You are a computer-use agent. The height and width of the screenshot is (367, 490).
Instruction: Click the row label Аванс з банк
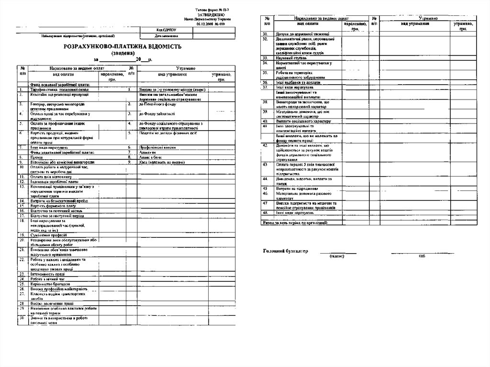click(150, 157)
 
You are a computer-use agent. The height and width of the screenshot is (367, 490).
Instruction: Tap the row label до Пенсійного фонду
click(158, 104)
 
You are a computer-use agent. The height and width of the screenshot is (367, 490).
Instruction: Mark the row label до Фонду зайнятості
click(157, 114)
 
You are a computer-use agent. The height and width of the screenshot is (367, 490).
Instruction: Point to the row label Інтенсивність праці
click(48, 274)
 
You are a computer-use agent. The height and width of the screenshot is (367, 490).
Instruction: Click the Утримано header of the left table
click(184, 69)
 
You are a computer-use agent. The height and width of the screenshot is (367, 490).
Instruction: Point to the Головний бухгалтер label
click(286, 251)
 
